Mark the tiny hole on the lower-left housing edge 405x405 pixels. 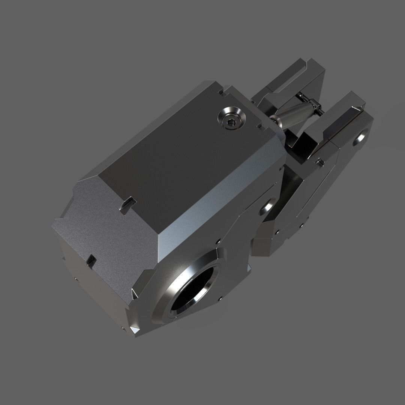tap(76, 279)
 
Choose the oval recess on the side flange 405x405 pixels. tap(268, 205)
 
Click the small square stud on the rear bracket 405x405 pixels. tap(319, 162)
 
